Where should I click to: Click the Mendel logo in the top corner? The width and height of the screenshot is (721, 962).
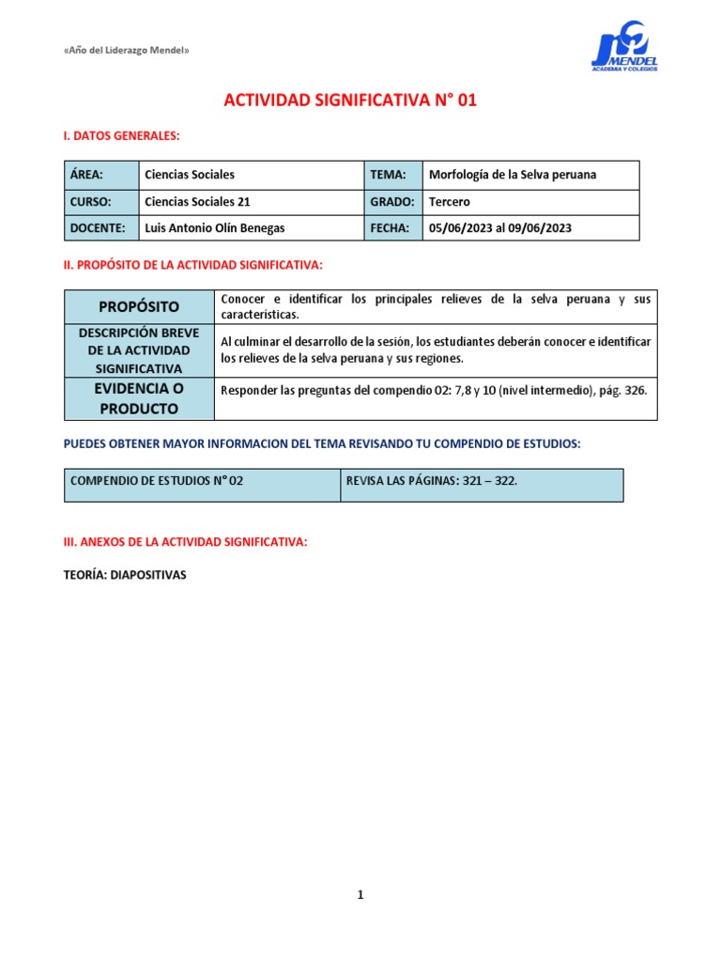(623, 48)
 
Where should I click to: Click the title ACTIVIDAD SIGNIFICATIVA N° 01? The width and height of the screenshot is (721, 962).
(350, 101)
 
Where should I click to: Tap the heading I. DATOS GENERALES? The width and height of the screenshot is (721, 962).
(120, 136)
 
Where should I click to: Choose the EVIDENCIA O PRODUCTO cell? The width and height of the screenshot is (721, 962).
(139, 398)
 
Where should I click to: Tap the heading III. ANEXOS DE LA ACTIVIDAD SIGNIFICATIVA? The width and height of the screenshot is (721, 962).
(185, 542)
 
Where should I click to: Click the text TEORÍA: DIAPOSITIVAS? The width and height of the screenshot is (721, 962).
(125, 575)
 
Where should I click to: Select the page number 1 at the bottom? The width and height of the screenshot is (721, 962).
(360, 895)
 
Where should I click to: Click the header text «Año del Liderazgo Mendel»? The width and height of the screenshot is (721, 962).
(126, 50)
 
